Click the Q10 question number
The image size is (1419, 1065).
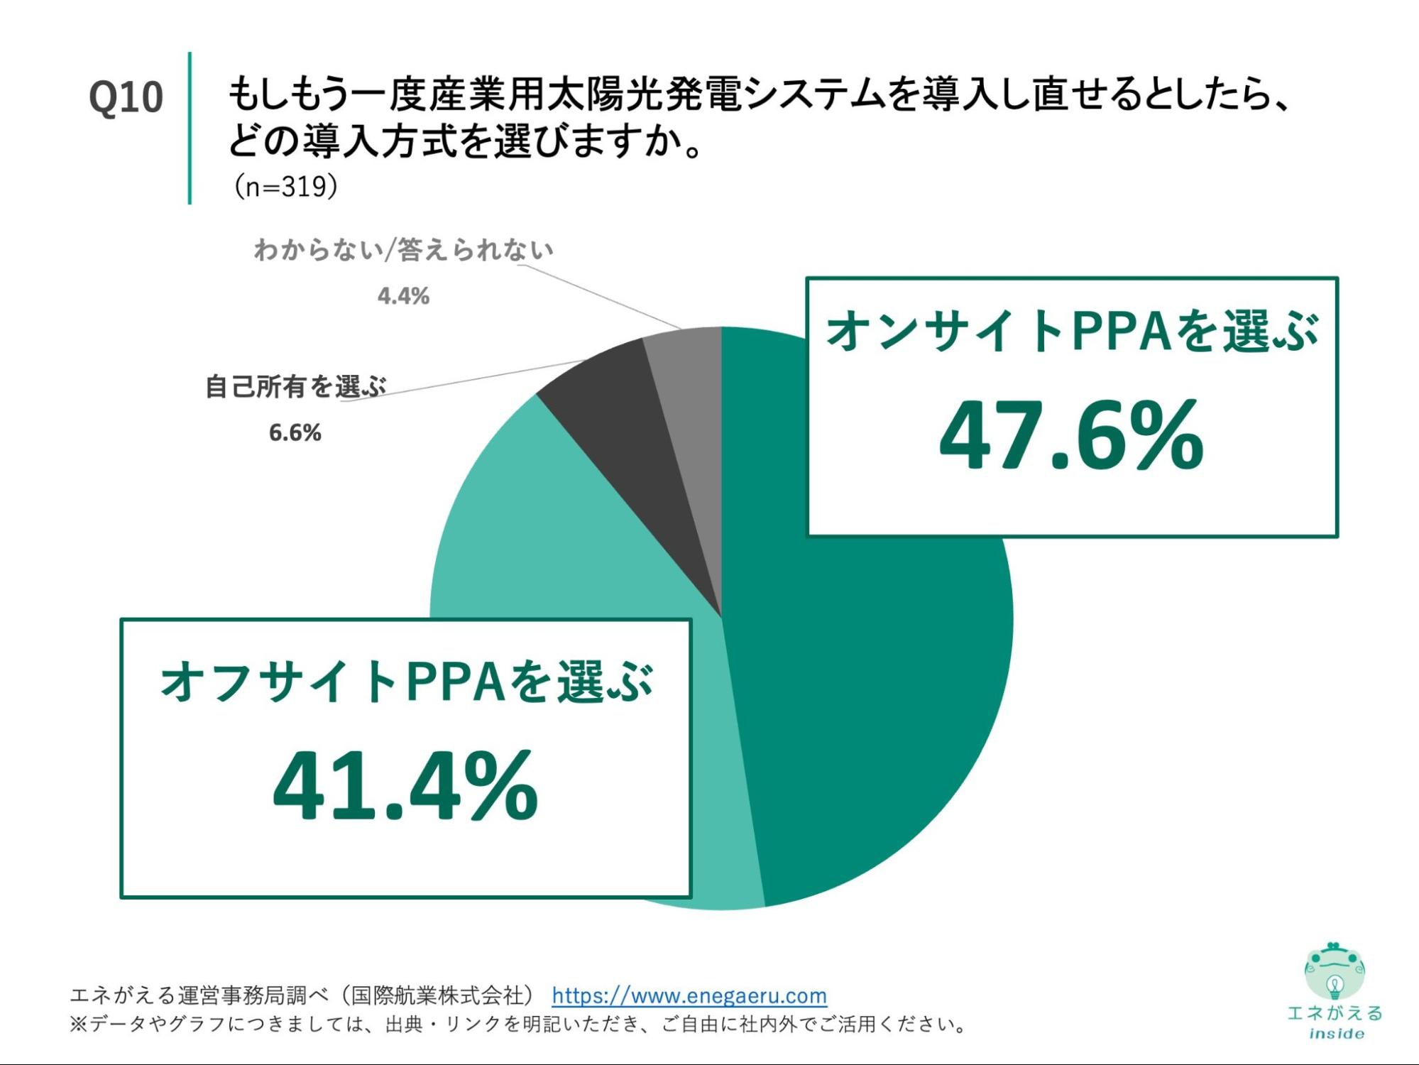click(126, 97)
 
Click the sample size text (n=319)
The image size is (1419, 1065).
click(285, 187)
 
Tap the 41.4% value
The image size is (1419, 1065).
click(405, 786)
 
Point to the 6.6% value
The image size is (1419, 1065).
click(295, 432)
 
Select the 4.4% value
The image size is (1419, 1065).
click(403, 295)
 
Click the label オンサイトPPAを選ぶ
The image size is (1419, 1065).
click(1072, 332)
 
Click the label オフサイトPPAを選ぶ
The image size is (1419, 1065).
click(406, 682)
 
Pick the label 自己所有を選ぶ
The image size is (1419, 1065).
click(295, 387)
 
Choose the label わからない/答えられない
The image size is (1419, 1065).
click(403, 250)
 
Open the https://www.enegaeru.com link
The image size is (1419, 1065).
click(689, 995)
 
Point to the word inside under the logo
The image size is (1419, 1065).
click(1336, 1034)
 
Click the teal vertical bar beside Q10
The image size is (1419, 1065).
click(190, 128)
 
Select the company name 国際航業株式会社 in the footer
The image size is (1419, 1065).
click(437, 995)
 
